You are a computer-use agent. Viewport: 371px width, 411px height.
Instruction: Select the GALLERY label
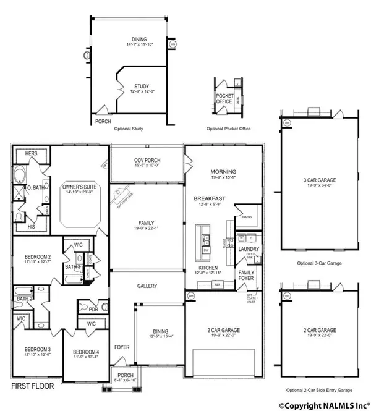click(x=147, y=286)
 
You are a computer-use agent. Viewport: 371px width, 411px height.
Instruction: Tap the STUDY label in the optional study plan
click(x=143, y=86)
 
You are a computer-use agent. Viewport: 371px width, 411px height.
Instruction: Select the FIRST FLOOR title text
click(x=32, y=386)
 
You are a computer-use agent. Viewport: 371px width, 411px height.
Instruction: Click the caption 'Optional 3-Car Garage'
click(x=314, y=263)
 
